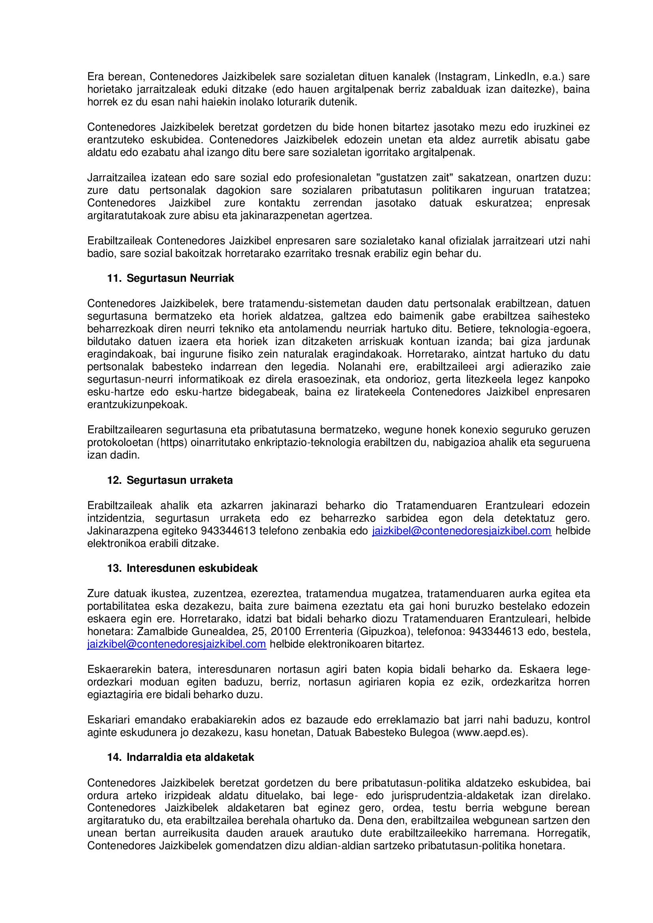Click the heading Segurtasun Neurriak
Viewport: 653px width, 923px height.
[x=180, y=278]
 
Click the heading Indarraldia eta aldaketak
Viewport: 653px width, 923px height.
[x=190, y=757]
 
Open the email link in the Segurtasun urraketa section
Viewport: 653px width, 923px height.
[x=462, y=531]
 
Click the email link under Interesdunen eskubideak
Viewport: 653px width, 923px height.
[x=176, y=644]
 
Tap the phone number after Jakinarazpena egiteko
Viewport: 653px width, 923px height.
[x=228, y=531]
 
